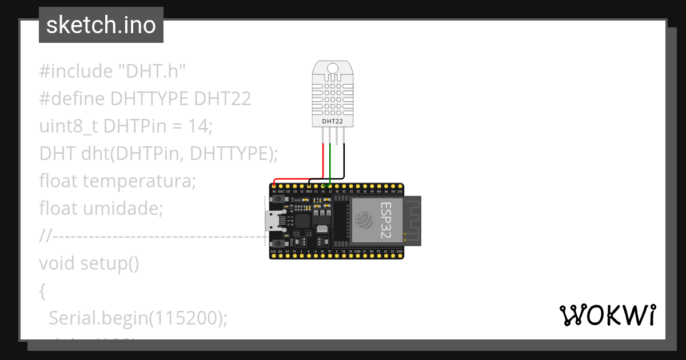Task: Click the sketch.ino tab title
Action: [101, 25]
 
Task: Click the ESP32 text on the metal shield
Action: [386, 221]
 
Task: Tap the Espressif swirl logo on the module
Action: [364, 220]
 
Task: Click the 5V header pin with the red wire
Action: [274, 186]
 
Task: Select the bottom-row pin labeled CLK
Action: [273, 255]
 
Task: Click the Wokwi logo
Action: [607, 315]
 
